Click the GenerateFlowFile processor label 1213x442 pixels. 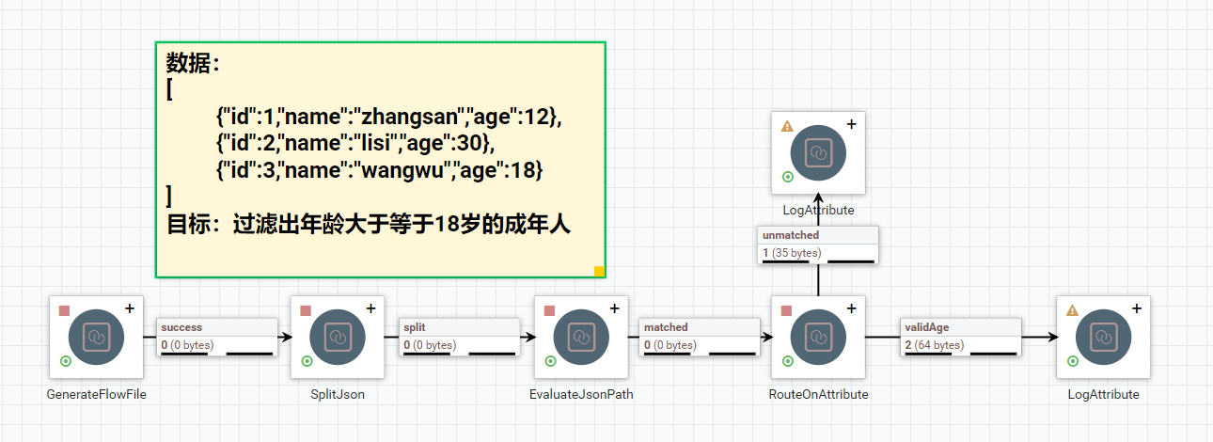tap(96, 395)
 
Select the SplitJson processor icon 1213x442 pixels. tap(338, 336)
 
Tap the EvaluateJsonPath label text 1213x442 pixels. tap(581, 395)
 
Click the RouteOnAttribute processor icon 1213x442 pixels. tap(818, 336)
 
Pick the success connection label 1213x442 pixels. tap(181, 327)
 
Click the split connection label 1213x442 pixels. tap(415, 327)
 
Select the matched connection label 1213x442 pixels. tap(666, 327)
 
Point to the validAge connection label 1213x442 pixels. tap(926, 327)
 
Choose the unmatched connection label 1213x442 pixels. tap(791, 235)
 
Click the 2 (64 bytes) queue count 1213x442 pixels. tap(934, 345)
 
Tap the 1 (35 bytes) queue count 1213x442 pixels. tap(792, 253)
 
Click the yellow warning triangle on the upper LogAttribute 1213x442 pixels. tap(787, 125)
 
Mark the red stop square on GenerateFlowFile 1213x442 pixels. tap(65, 310)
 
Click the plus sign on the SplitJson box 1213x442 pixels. tap(370, 308)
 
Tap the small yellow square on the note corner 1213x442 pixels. tap(599, 272)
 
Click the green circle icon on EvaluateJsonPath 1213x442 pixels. tap(550, 361)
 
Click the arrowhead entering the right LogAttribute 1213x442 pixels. tap(1049, 336)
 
